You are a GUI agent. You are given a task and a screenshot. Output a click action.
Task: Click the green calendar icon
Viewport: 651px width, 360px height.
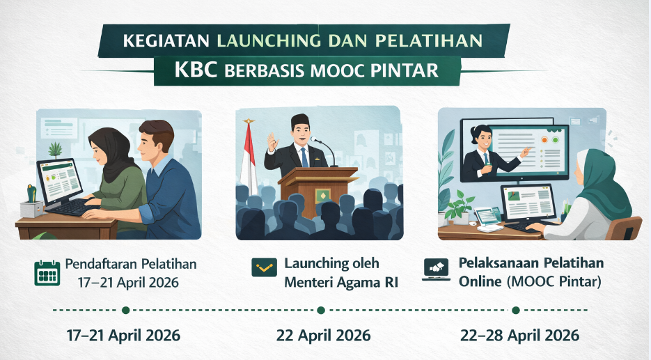click(x=47, y=273)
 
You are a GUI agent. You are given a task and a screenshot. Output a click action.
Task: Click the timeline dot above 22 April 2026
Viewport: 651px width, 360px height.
click(x=320, y=310)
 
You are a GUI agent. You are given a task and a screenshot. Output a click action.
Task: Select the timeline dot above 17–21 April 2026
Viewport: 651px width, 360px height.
click(x=125, y=310)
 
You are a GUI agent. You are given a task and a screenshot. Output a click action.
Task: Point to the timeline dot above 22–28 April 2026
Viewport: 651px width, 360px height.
click(x=516, y=310)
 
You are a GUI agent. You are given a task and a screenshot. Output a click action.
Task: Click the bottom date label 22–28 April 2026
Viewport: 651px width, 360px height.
click(x=519, y=335)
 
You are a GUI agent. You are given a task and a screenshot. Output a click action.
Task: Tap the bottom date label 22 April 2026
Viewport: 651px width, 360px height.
click(x=324, y=335)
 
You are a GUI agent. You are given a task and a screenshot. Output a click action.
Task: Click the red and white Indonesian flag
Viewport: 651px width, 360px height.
click(x=248, y=157)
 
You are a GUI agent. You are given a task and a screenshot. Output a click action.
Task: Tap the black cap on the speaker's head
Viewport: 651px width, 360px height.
click(x=300, y=120)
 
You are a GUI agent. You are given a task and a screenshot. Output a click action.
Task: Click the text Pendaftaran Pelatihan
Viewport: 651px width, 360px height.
click(x=131, y=264)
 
